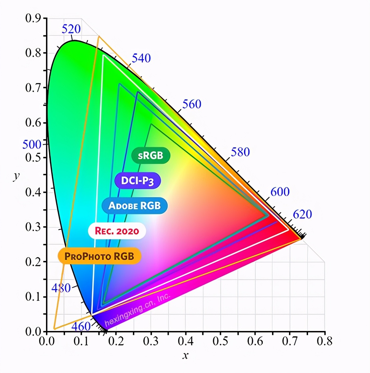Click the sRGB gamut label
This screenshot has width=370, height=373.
(151, 155)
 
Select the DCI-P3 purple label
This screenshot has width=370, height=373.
(137, 180)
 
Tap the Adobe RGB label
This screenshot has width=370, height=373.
(134, 206)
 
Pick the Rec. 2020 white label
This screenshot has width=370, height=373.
(117, 231)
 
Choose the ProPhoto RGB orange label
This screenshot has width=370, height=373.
(99, 256)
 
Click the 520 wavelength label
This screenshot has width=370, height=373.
(71, 29)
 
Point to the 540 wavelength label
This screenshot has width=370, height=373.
(141, 58)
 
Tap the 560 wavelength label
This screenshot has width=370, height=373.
(192, 104)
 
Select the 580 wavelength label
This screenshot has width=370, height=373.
(240, 152)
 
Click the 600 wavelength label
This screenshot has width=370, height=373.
(280, 192)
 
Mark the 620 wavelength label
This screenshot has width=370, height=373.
(302, 215)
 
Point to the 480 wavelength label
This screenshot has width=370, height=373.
(61, 288)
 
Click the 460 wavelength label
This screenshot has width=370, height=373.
(81, 326)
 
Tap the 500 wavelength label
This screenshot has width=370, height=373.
(32, 145)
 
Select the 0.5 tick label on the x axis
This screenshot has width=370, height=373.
(220, 341)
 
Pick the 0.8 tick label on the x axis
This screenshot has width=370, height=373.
(325, 341)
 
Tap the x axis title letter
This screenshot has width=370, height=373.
(185, 356)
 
